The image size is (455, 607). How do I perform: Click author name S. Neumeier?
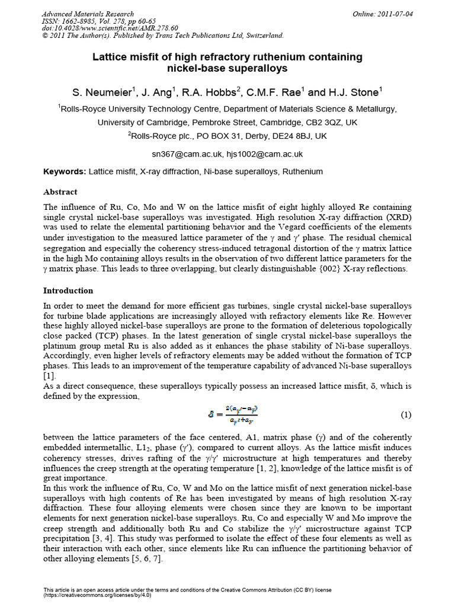coord(104,92)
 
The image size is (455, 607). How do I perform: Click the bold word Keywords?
coord(65,172)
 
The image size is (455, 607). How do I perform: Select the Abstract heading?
coord(60,192)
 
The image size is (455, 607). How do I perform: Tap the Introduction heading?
coord(68,290)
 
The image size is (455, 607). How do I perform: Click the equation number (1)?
coord(406,414)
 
